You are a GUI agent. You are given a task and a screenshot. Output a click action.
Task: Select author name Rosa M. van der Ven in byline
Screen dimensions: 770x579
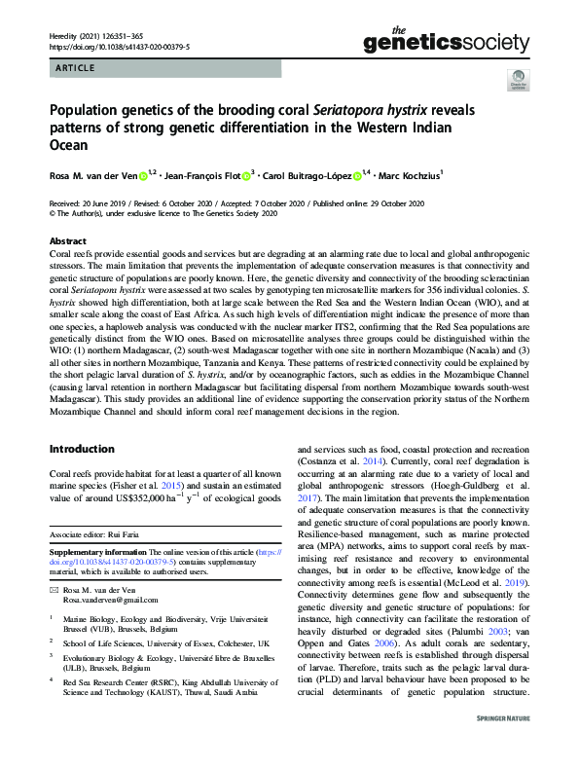(92, 176)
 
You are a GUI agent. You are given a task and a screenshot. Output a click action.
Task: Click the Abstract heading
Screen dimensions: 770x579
(67, 240)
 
